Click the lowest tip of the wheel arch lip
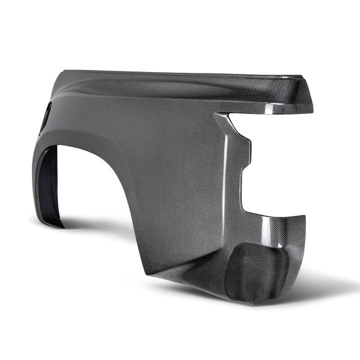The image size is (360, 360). [61, 226]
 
